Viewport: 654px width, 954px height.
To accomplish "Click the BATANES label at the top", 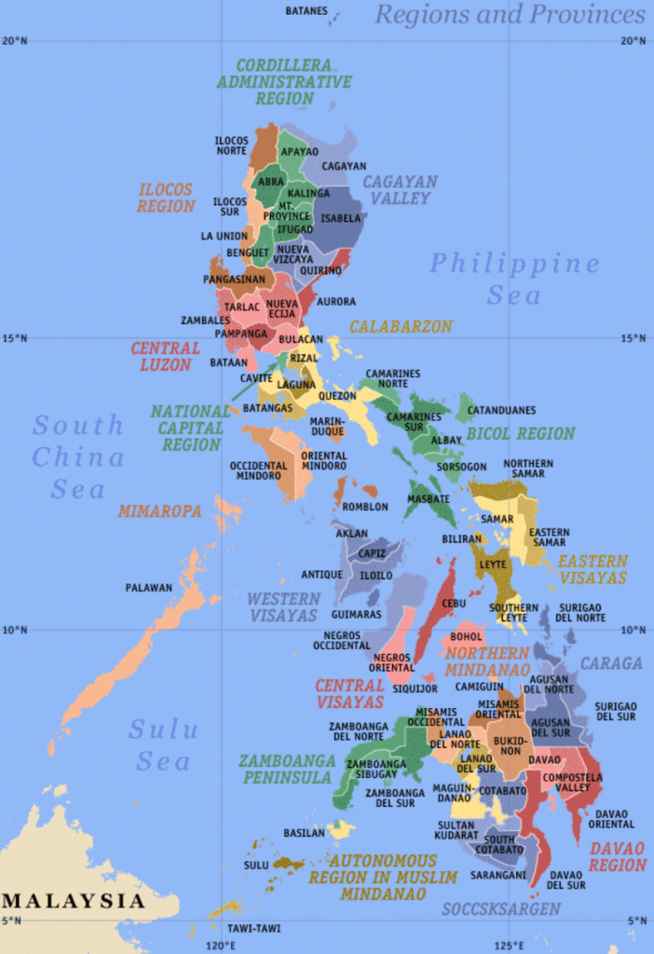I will (307, 11).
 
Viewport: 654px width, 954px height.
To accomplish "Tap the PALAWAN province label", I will (149, 588).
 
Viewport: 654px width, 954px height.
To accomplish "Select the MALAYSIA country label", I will (74, 901).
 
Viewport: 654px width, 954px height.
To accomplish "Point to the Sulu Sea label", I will (163, 744).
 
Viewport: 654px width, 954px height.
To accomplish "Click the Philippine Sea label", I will (514, 279).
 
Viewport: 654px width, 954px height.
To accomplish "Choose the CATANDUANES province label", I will (501, 410).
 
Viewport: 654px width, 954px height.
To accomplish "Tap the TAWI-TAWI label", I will (253, 928).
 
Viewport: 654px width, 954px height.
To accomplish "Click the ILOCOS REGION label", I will (166, 198).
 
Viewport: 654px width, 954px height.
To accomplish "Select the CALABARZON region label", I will (401, 327).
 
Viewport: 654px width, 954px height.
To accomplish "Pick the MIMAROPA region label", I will (159, 511).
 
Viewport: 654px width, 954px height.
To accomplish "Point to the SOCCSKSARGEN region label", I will (501, 908).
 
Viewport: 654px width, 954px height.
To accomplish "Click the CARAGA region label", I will (611, 663).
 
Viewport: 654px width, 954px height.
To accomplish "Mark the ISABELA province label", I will (340, 219).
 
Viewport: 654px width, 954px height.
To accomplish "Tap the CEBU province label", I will (454, 604).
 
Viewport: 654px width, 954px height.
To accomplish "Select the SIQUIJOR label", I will (416, 689).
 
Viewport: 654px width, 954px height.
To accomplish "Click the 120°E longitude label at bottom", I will (220, 947).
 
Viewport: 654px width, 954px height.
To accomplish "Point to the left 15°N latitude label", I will (14, 337).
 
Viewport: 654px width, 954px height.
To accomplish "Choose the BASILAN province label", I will (304, 832).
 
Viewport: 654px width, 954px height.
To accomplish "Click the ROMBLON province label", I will (365, 507).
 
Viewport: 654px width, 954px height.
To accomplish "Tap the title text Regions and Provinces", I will (510, 15).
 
